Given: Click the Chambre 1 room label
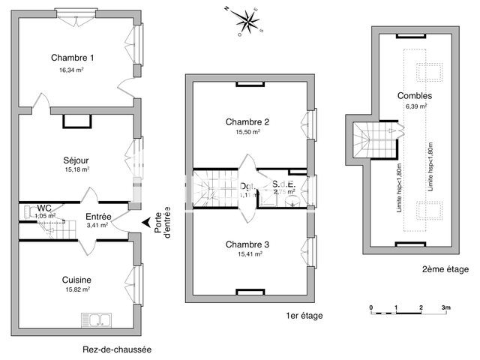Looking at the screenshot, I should click(73, 58).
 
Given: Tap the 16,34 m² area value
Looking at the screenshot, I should click(73, 69).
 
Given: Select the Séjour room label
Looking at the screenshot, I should click(76, 160).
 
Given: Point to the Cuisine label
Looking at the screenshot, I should click(76, 280).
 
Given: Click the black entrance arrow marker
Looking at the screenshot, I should click(145, 221).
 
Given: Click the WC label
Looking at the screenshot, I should click(44, 208).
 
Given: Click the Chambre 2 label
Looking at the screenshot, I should click(247, 122).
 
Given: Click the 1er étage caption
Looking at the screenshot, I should click(304, 316).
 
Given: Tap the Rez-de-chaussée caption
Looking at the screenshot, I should click(117, 349).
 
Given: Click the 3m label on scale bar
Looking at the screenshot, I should click(445, 308).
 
